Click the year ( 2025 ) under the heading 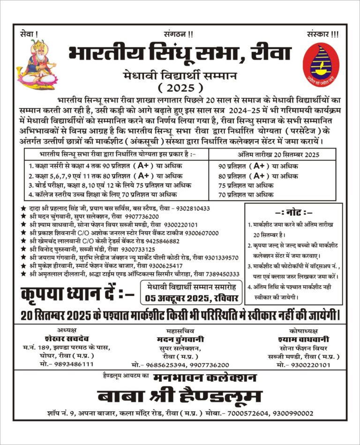tap(180, 87)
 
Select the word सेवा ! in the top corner tap(30, 34)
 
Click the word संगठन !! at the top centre tap(179, 34)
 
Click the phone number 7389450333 tap(221, 274)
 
